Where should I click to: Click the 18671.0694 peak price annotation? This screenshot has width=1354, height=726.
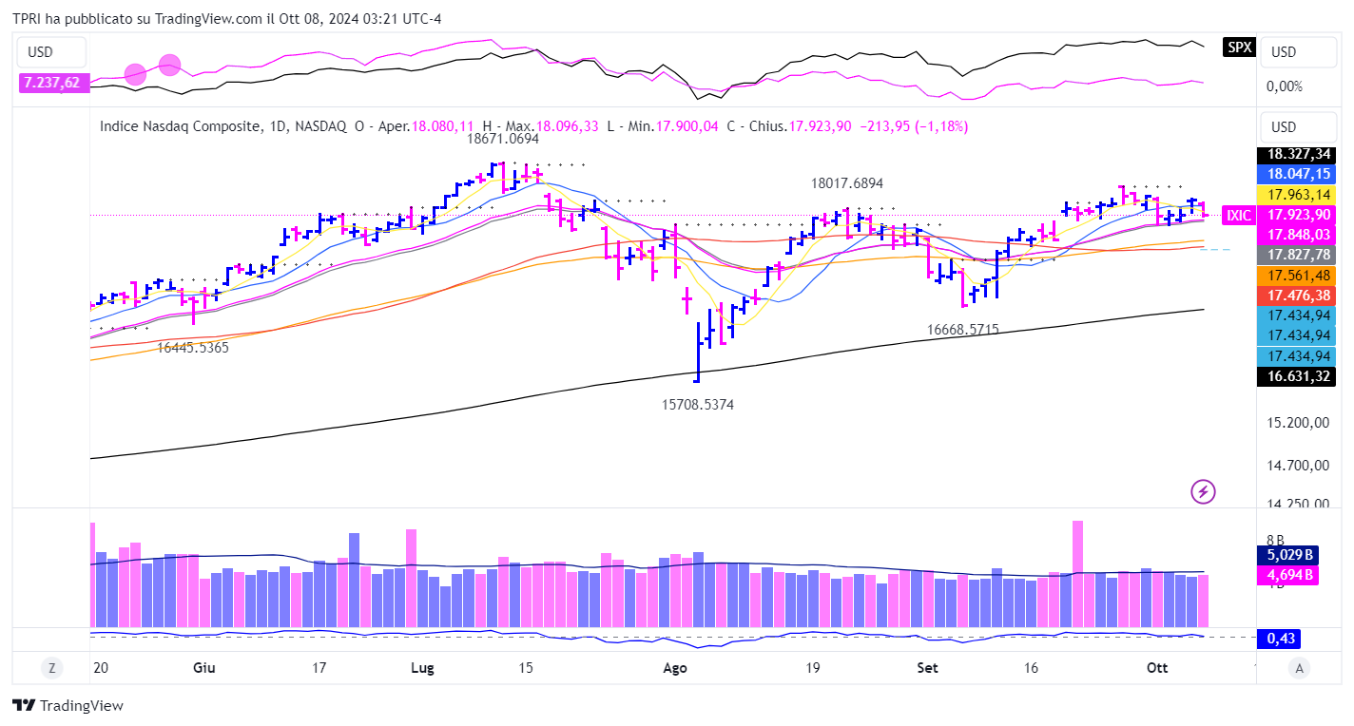pyautogui.click(x=502, y=139)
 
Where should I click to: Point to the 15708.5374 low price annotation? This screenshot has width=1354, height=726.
pyautogui.click(x=698, y=404)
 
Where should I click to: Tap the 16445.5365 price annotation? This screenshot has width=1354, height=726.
pyautogui.click(x=193, y=348)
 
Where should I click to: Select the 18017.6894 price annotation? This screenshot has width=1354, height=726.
pyautogui.click(x=846, y=183)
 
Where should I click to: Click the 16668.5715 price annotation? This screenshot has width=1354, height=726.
pyautogui.click(x=963, y=330)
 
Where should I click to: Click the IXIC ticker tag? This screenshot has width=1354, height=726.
pyautogui.click(x=1239, y=216)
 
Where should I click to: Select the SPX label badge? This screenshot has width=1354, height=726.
pyautogui.click(x=1239, y=47)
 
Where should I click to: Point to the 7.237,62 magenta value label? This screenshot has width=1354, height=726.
pyautogui.click(x=52, y=83)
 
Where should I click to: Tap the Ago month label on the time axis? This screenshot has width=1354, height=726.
pyautogui.click(x=674, y=668)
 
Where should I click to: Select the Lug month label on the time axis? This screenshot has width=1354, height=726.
pyautogui.click(x=422, y=668)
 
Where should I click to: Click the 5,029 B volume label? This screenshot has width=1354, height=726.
pyautogui.click(x=1288, y=555)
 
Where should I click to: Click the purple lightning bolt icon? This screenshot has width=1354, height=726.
pyautogui.click(x=1204, y=491)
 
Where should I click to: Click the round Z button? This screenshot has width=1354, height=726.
pyautogui.click(x=51, y=668)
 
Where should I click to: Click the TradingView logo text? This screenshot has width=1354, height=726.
pyautogui.click(x=68, y=706)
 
